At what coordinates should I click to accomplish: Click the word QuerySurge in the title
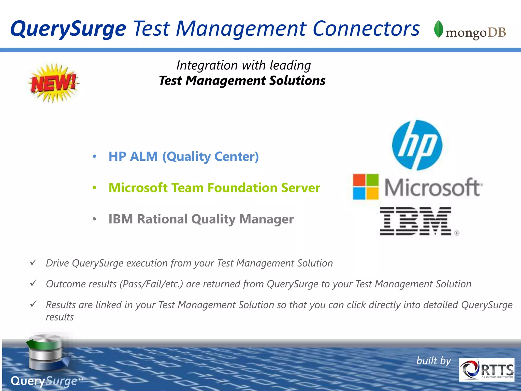(x=68, y=29)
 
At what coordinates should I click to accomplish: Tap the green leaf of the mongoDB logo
(x=439, y=29)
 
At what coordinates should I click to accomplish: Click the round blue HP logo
(x=417, y=145)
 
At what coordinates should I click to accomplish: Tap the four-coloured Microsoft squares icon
(x=366, y=187)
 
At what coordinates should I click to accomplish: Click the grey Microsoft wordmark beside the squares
(x=433, y=188)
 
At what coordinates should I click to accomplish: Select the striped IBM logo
(x=416, y=221)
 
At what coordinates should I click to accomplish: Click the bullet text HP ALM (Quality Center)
(x=183, y=156)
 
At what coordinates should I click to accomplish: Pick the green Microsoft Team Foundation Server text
(x=214, y=188)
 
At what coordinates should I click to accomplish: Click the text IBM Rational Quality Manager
(x=201, y=219)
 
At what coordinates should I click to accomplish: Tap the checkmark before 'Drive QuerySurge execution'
(x=34, y=262)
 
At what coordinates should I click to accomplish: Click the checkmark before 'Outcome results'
(x=34, y=283)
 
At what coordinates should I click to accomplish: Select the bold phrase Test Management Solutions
(x=242, y=81)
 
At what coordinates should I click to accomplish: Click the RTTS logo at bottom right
(x=486, y=370)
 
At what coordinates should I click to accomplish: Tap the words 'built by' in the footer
(x=433, y=361)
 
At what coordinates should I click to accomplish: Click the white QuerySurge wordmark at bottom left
(x=44, y=381)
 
